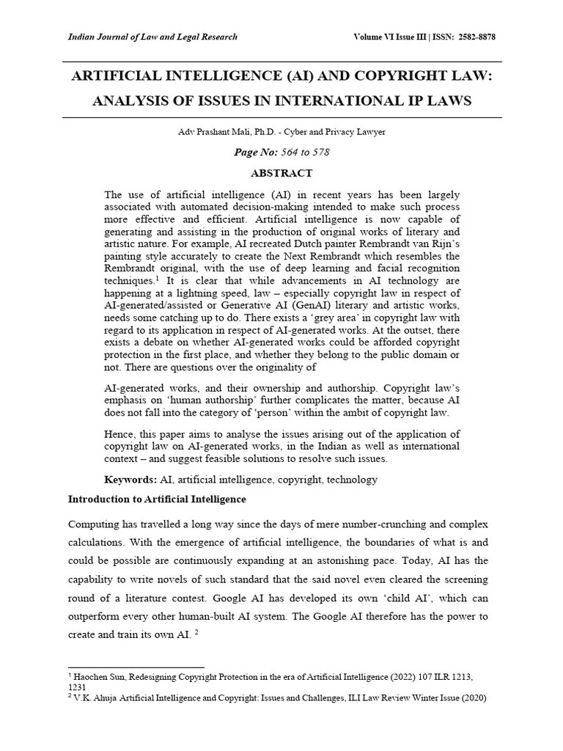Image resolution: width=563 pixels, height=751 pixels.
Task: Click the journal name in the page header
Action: coord(152,37)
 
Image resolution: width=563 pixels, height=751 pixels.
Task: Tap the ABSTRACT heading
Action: coord(281,174)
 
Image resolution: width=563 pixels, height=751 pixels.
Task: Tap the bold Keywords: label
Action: coord(130,480)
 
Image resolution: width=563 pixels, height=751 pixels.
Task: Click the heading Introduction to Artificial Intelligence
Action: coord(157,499)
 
